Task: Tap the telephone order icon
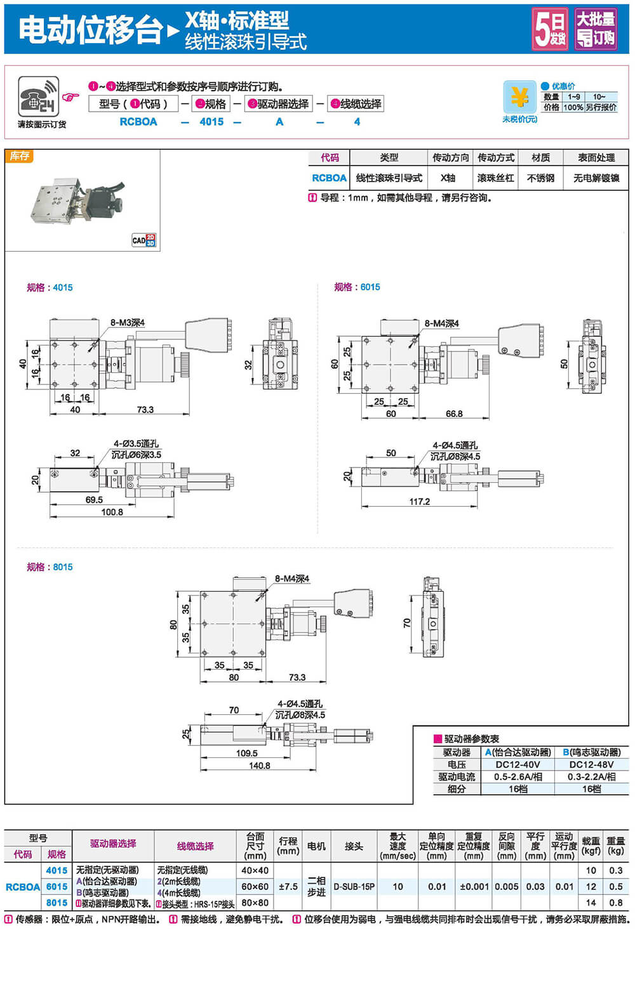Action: [38, 97]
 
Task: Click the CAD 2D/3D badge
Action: [144, 240]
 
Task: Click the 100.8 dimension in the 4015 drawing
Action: [112, 512]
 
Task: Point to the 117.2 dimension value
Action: [419, 501]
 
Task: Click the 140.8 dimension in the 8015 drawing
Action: [259, 766]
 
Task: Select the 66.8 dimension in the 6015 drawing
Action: [454, 414]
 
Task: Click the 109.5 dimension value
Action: [246, 754]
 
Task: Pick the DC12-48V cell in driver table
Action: [591, 764]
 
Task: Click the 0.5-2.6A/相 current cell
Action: [518, 776]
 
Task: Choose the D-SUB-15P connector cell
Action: [354, 887]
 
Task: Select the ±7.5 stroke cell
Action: [288, 887]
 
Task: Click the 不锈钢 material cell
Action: [540, 178]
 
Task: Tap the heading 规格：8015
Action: [50, 567]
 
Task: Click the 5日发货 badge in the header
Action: [550, 29]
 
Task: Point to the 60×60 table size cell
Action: [255, 887]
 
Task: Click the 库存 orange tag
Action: [19, 156]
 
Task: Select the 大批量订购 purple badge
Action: [595, 29]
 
